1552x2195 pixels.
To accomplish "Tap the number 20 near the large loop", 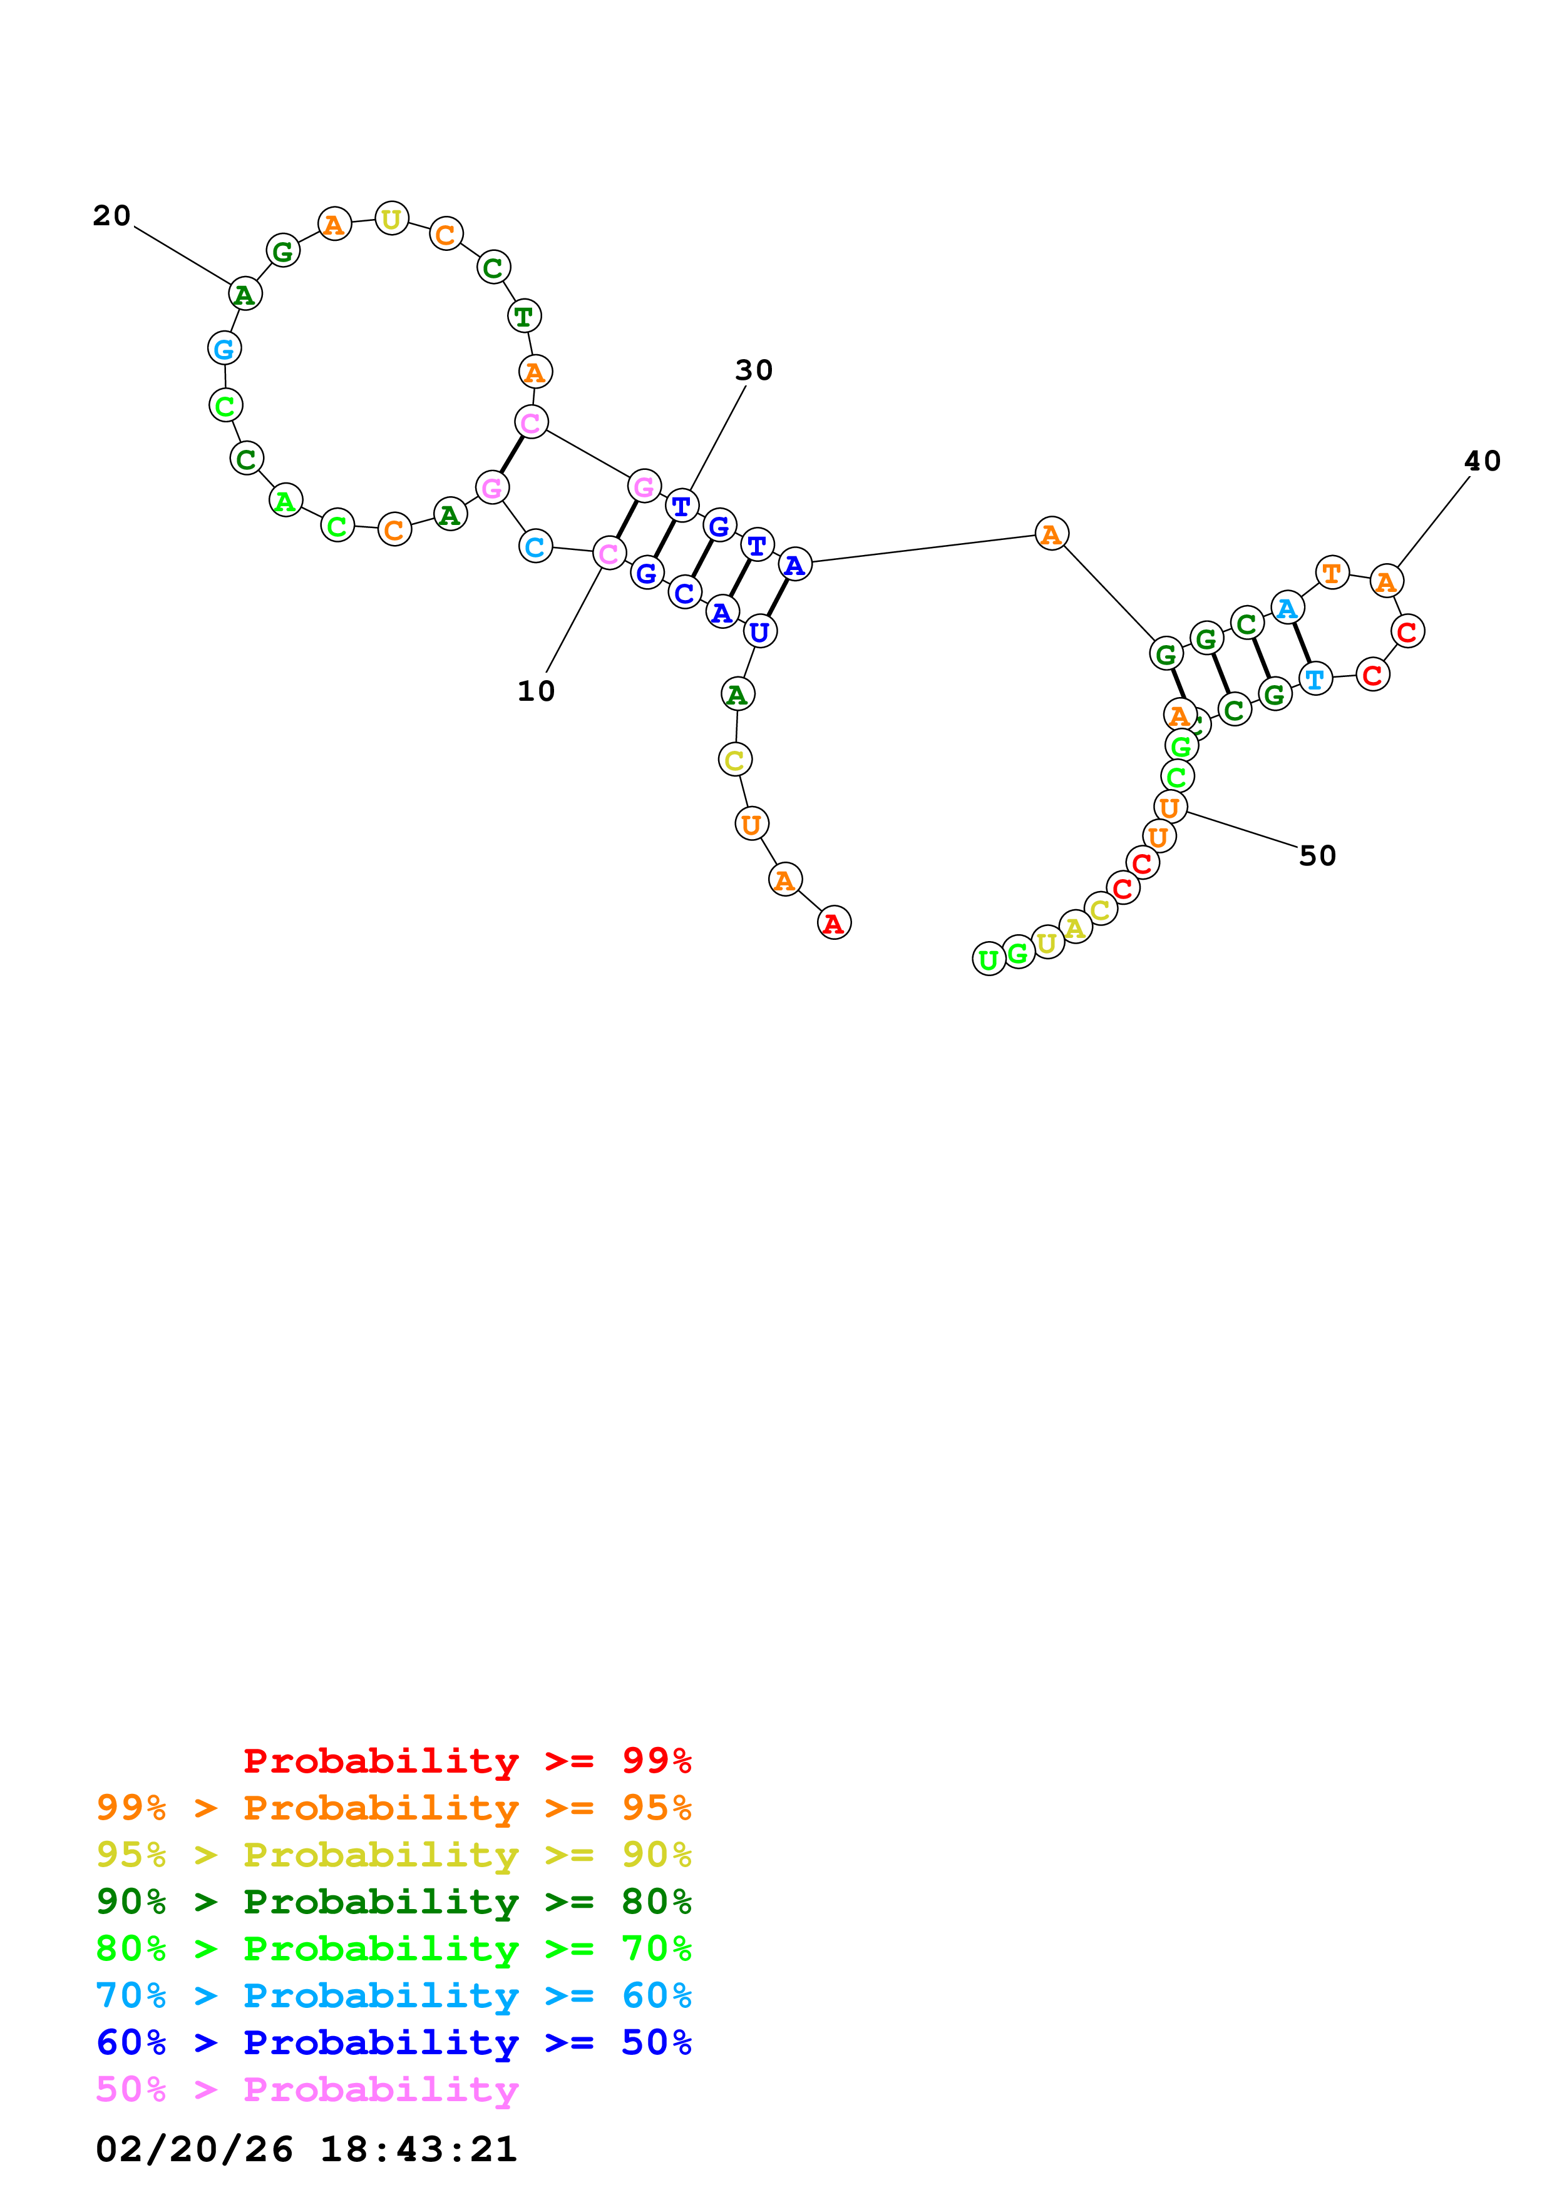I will point(112,216).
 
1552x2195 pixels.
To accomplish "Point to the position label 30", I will point(754,370).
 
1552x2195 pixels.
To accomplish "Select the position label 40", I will point(1481,461).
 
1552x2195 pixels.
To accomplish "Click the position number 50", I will point(1317,855).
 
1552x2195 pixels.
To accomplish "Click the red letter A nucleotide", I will point(834,924).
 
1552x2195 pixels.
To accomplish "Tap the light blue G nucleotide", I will point(224,349).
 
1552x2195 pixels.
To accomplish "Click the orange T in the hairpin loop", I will point(1331,574).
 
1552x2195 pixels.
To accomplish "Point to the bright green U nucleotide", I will point(989,959).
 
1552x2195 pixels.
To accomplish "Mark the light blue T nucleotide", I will point(1315,679).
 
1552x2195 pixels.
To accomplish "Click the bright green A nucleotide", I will point(285,501).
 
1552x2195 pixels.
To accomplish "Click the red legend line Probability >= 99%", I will point(466,1761).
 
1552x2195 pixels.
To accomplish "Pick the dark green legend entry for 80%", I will point(393,1902).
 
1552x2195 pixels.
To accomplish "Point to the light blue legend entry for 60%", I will point(393,1995).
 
